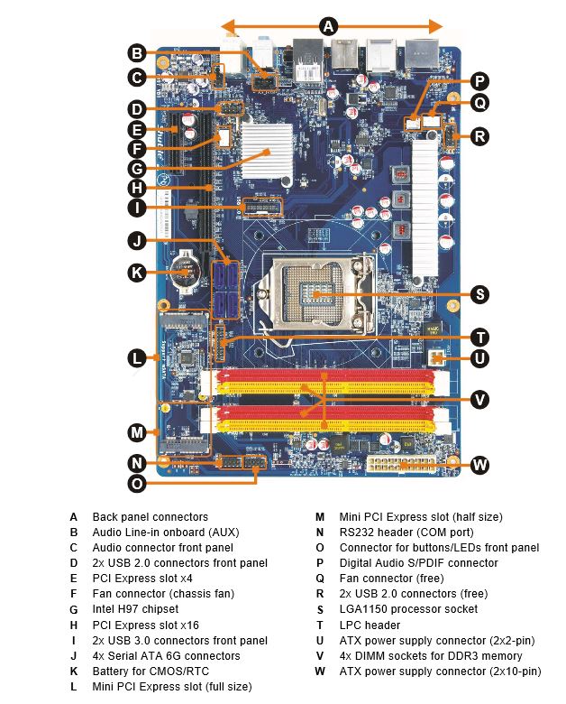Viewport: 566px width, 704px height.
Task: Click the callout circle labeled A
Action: (329, 26)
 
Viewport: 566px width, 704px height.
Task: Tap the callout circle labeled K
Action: (137, 272)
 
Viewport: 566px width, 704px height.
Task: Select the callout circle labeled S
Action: (479, 294)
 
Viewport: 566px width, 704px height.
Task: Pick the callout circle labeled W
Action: (479, 465)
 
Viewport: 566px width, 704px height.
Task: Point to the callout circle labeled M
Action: (137, 431)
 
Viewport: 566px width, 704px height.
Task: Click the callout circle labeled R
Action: (479, 136)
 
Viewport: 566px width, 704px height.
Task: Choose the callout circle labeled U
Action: (479, 358)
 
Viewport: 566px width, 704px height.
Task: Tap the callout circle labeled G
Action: (137, 168)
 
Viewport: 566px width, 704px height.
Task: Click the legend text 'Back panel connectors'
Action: (150, 517)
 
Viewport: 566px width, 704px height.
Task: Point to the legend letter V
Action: (320, 656)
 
